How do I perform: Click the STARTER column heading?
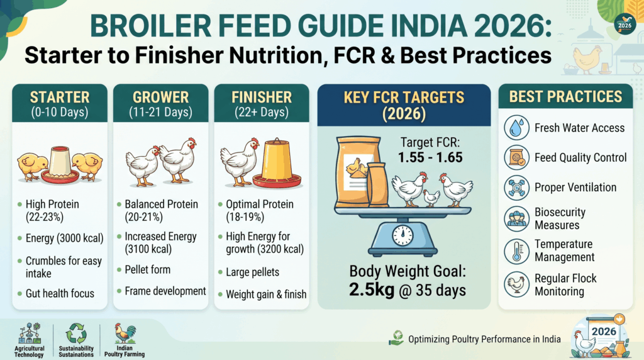coord(60,98)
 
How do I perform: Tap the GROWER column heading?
coord(160,98)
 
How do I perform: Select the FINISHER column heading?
coord(262,98)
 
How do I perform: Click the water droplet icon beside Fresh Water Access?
coord(517,128)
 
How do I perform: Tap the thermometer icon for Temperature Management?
coord(517,251)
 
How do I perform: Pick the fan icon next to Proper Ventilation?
coord(517,188)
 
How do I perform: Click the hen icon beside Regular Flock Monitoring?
coord(517,284)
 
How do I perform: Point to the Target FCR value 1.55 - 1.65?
coord(430,157)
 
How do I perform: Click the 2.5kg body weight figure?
coord(372,290)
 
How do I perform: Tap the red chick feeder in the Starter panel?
coord(60,164)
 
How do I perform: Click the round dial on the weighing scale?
coord(402,235)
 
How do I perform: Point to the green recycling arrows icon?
coord(76,334)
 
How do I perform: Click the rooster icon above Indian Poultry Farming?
coord(125,334)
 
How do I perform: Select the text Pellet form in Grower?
coord(147,269)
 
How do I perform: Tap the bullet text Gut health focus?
coord(60,293)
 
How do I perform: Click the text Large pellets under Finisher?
coord(253,272)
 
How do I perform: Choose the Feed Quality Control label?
coord(580,157)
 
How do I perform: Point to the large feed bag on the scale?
coord(358,172)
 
